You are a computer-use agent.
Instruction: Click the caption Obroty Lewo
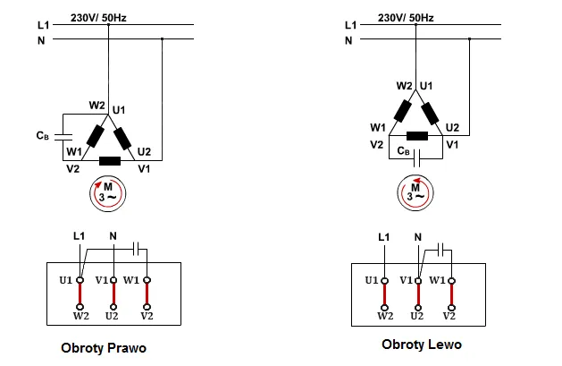click(422, 344)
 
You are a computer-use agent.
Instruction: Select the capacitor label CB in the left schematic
click(42, 136)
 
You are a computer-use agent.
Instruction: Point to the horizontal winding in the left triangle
click(111, 162)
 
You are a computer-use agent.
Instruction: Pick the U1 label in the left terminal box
click(66, 280)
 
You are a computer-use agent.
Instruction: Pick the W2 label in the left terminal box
click(81, 316)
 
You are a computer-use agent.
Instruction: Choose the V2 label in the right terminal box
click(451, 316)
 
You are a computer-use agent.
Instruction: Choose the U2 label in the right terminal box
click(417, 316)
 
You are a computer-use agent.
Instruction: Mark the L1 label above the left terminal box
click(79, 235)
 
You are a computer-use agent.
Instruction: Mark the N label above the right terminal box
click(418, 236)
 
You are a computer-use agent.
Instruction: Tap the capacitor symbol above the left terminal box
click(137, 245)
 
